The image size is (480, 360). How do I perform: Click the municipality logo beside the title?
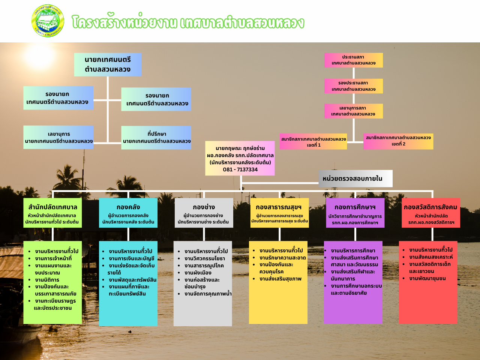(x=48, y=21)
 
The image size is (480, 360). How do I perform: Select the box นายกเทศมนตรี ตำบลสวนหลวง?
(x=108, y=64)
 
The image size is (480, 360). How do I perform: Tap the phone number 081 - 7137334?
(x=240, y=169)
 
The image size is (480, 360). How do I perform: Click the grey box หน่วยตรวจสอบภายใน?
(x=355, y=178)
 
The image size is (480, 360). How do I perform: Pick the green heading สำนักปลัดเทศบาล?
(x=52, y=207)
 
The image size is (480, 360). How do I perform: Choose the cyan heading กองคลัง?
(x=128, y=207)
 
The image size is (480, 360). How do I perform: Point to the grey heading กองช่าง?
(x=204, y=207)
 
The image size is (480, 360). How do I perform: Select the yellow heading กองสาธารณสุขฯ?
(x=279, y=207)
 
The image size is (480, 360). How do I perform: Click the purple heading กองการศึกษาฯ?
(x=355, y=207)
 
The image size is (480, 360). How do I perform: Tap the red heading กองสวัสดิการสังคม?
(x=430, y=207)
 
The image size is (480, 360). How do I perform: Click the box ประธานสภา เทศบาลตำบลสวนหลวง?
(x=353, y=60)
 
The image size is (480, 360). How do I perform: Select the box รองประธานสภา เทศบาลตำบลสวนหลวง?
(x=353, y=86)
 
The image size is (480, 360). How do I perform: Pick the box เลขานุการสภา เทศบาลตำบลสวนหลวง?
(x=353, y=111)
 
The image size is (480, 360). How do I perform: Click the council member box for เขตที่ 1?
(x=313, y=142)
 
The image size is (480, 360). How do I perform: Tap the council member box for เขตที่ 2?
(x=398, y=141)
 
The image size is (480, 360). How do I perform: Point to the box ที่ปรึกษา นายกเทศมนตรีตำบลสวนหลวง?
(x=156, y=138)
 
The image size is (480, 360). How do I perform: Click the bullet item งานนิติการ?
(x=47, y=280)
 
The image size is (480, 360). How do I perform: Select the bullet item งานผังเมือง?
(x=198, y=273)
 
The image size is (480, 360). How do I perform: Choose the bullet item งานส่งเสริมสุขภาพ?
(x=280, y=279)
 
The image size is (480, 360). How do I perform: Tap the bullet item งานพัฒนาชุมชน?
(x=427, y=278)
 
